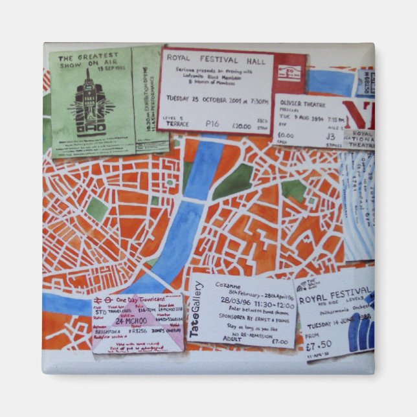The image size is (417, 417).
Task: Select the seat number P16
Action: (x=212, y=123)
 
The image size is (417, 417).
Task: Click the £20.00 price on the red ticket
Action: (x=241, y=126)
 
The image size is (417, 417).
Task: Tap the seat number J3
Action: (x=330, y=137)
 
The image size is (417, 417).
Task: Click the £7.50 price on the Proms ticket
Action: (x=317, y=344)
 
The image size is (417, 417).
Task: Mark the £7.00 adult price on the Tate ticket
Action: (x=279, y=341)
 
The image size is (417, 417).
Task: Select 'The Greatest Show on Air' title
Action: (x=89, y=62)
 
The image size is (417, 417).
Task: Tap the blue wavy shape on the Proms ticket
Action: (x=360, y=333)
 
